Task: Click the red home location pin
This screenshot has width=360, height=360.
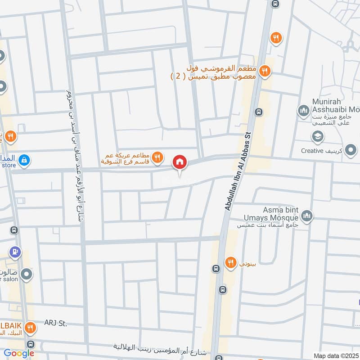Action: coord(180,162)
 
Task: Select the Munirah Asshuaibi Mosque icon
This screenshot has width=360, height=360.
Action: coord(302,110)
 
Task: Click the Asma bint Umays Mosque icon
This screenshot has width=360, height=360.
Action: coord(307,216)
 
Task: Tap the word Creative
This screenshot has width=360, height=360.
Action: coord(312,151)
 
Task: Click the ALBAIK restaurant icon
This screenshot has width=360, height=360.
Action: coord(31,327)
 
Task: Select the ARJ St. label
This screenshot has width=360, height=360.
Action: coord(55,323)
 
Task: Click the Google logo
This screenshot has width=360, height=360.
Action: coord(18,353)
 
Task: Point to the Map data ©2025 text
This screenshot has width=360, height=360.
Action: coord(335,355)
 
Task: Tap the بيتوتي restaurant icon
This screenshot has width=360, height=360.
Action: coord(231,262)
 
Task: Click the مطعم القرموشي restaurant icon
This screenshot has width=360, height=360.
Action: coord(265,70)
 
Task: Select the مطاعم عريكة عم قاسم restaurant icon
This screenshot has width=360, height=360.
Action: coord(157,157)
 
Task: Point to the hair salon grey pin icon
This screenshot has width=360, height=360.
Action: coord(27,273)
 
